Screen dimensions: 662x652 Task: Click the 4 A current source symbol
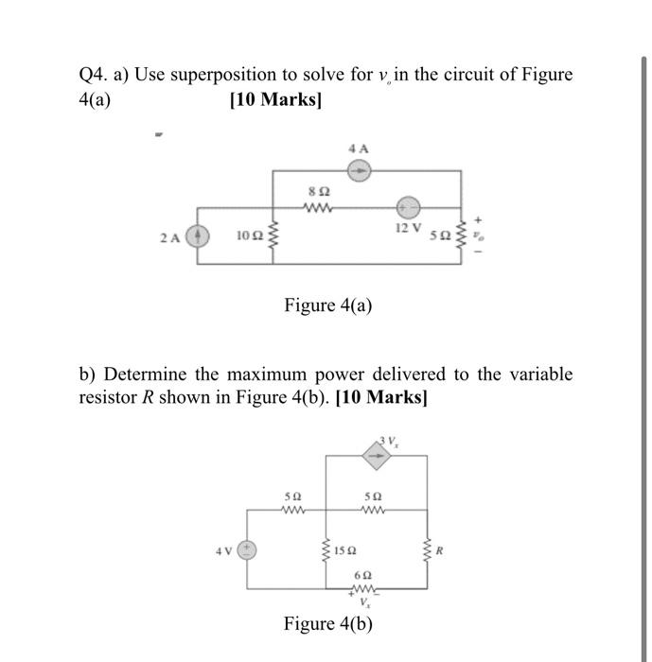coord(359,171)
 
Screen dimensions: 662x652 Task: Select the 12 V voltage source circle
coord(408,206)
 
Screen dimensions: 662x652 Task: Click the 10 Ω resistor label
coord(248,235)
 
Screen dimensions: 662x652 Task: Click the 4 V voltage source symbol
coord(248,549)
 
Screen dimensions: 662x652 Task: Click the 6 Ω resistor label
coord(361,575)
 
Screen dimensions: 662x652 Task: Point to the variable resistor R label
coord(441,547)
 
